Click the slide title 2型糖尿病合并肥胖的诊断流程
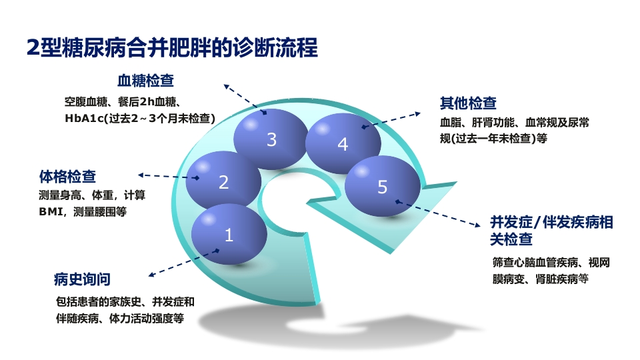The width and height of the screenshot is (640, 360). point(171,48)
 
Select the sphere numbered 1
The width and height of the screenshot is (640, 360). point(229,234)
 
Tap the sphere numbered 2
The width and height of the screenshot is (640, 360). point(223,181)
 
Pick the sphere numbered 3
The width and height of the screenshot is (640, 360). point(271,139)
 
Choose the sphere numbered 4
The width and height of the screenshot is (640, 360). point(343,143)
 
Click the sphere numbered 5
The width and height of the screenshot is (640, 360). point(382,187)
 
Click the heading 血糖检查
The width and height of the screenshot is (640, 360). point(145,81)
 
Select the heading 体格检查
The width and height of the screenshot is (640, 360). point(67,177)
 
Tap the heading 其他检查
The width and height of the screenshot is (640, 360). point(467,103)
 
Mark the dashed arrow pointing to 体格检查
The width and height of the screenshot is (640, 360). point(168,177)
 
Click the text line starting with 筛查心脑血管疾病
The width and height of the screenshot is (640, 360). point(551,263)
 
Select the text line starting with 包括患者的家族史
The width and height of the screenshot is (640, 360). point(125,301)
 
